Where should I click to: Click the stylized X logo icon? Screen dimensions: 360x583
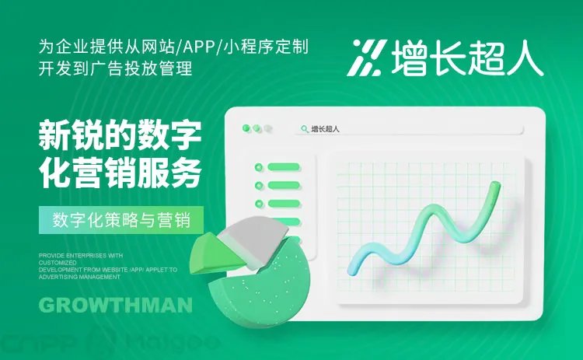tap(365, 58)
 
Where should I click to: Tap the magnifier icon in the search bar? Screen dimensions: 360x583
tap(304, 129)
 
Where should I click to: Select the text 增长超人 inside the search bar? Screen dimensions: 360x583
tap(325, 129)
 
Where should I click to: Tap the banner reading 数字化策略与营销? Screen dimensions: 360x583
tap(122, 219)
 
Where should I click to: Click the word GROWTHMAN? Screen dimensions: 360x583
tap(115, 305)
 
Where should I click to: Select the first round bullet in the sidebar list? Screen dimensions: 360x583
tap(258, 166)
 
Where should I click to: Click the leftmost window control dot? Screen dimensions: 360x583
tap(246, 128)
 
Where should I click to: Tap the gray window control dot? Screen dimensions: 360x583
tap(268, 128)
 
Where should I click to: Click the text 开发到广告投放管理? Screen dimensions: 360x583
tap(114, 68)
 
